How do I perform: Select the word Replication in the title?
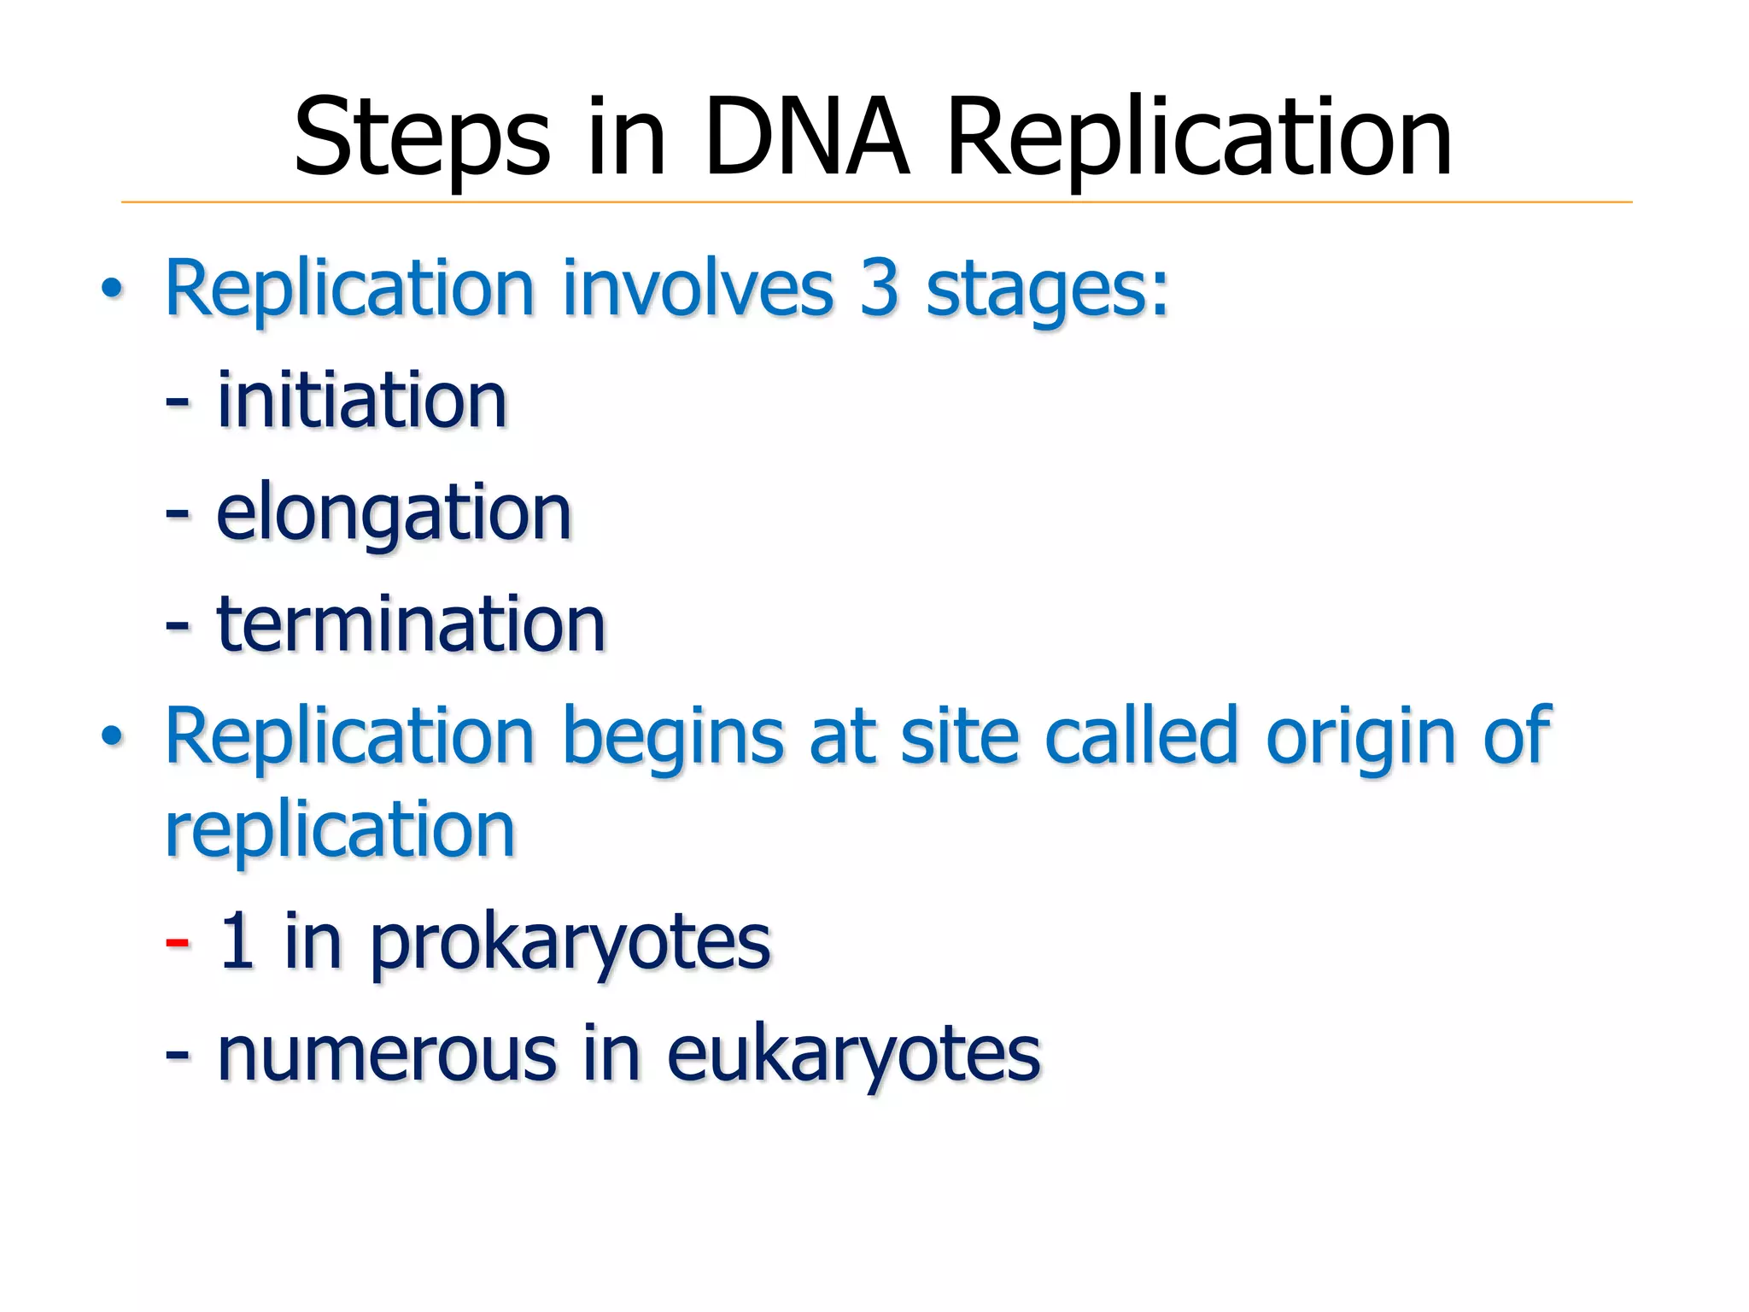pos(1199,137)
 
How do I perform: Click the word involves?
pos(697,289)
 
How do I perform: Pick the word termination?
pos(411,624)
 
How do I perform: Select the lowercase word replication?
pos(340,830)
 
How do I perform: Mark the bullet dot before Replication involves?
pos(112,290)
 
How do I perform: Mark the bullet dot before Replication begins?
pos(112,736)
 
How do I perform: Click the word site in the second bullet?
pos(959,736)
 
